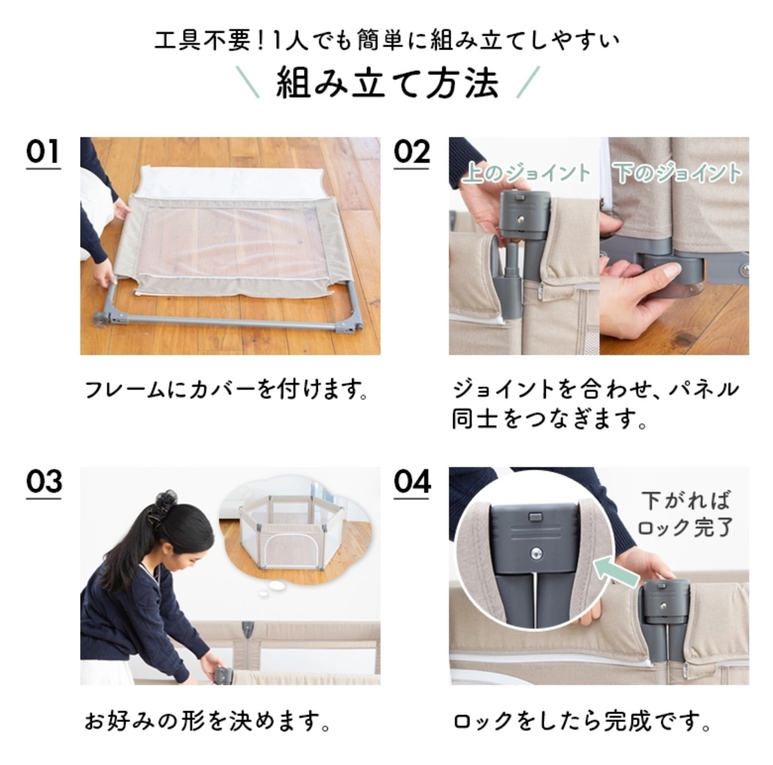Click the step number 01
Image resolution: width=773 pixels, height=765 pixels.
tap(43, 152)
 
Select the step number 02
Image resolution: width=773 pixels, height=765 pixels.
tap(412, 152)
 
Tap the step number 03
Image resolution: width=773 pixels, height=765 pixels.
tap(44, 482)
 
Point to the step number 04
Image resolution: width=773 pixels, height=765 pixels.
tap(412, 482)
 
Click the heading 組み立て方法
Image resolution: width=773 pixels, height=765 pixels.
tap(387, 83)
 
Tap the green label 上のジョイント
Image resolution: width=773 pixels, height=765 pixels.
tap(526, 172)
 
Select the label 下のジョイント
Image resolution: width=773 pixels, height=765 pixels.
tap(677, 172)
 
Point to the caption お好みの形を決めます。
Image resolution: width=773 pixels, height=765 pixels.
tap(207, 721)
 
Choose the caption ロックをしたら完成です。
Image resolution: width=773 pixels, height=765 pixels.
tap(581, 721)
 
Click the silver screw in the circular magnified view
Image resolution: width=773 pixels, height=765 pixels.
tap(536, 553)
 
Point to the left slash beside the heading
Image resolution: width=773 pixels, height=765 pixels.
tap(248, 82)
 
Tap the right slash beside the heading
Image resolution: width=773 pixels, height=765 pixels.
tap(528, 82)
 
